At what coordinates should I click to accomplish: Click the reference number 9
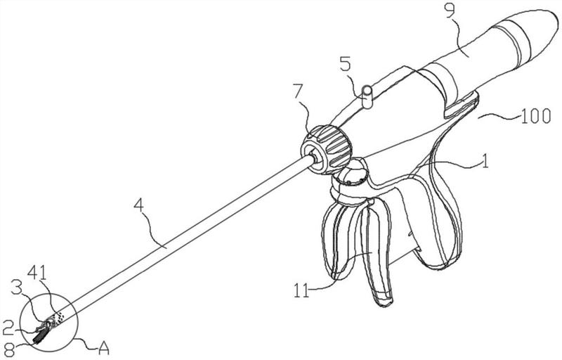(x=450, y=11)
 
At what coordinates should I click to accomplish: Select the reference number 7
(x=297, y=93)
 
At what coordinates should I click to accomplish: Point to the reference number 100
(x=535, y=116)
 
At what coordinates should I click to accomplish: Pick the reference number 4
(x=139, y=206)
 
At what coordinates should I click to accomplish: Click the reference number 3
(x=16, y=288)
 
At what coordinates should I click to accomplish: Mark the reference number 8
(x=9, y=349)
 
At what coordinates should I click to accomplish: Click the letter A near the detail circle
(x=103, y=347)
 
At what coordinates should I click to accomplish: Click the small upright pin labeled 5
(x=367, y=96)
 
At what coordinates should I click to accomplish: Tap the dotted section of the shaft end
(x=58, y=318)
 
